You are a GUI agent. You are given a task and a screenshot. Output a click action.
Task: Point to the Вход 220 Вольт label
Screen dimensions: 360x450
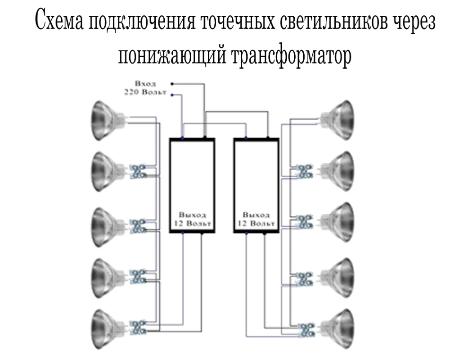point(145,88)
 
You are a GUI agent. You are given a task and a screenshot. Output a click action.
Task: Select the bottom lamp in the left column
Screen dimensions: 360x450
point(107,326)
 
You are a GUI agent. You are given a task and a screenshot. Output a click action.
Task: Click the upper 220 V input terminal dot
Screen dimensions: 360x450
point(171,84)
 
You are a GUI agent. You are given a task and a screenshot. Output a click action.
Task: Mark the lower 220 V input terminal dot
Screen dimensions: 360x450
point(171,95)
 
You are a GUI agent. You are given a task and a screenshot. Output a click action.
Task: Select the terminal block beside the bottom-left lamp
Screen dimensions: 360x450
point(137,327)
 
